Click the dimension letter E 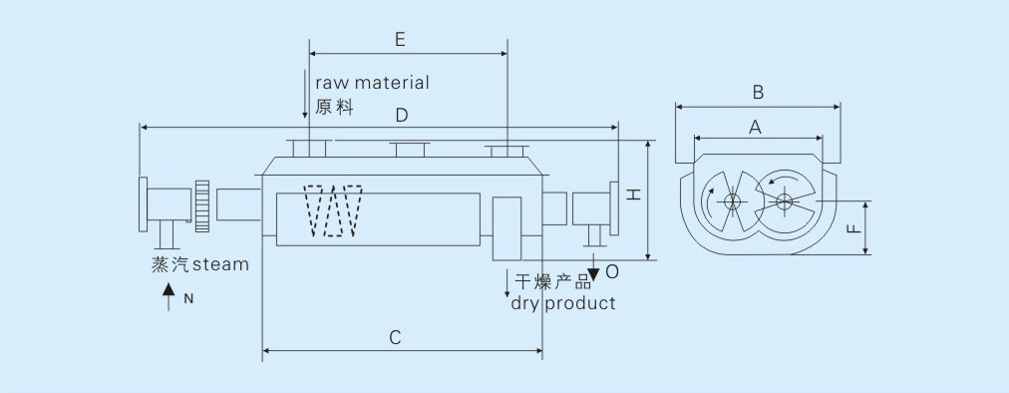(x=400, y=40)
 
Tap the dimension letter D (x=402, y=116)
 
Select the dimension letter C (x=396, y=337)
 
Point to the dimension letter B (x=758, y=93)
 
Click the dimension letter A (x=756, y=128)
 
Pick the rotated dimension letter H (x=635, y=194)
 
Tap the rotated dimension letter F (x=853, y=228)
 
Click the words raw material (x=372, y=83)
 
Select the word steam (x=220, y=264)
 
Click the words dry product (x=563, y=303)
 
